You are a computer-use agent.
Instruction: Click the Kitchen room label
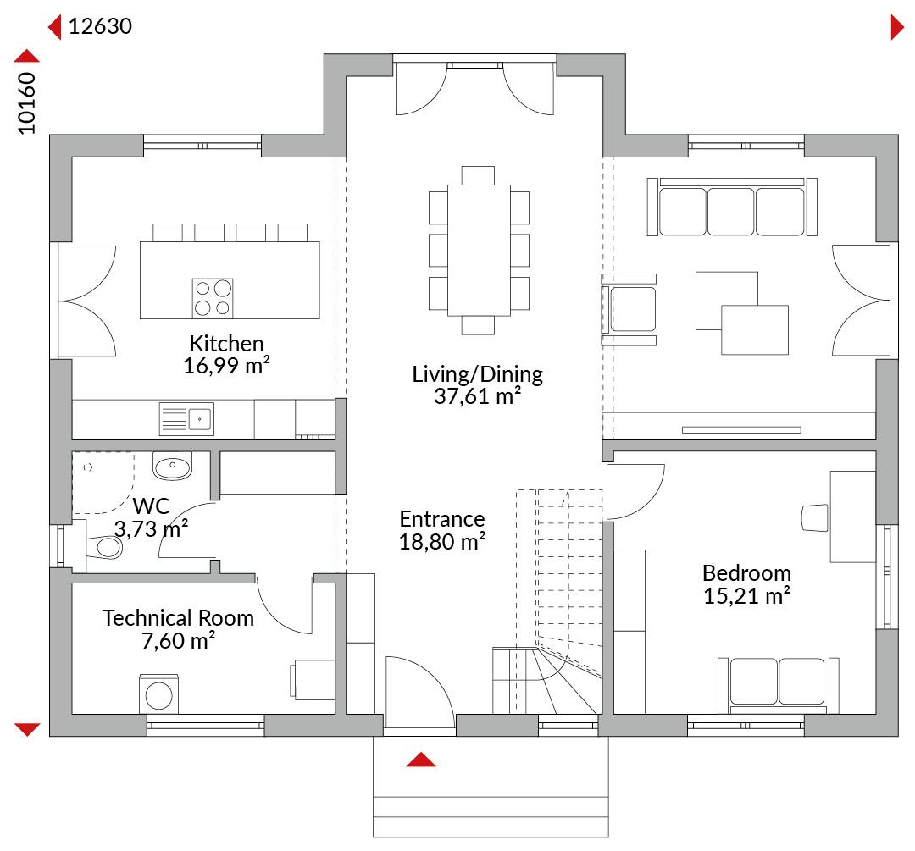(226, 343)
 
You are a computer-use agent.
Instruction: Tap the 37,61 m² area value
(477, 396)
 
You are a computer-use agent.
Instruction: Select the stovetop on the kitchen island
(213, 297)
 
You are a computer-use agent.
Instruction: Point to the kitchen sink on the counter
(186, 419)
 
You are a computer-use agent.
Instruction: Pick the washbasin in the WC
(172, 466)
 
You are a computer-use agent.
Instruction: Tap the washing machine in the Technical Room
(158, 694)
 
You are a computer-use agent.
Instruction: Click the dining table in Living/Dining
(479, 251)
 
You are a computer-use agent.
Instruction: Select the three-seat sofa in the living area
(732, 207)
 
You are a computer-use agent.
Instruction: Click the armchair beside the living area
(629, 309)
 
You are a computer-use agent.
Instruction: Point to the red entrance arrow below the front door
(421, 760)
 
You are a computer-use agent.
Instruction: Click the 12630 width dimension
(100, 26)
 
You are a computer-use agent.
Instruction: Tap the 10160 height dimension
(26, 103)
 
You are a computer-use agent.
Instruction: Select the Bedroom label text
(746, 572)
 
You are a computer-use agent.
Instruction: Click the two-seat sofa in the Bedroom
(779, 685)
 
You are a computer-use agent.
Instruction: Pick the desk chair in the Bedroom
(815, 518)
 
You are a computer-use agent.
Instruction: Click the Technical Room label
(178, 617)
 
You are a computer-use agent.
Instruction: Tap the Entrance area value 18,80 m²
(442, 542)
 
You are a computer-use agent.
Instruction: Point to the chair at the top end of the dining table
(478, 175)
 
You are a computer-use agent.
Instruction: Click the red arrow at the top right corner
(897, 27)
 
